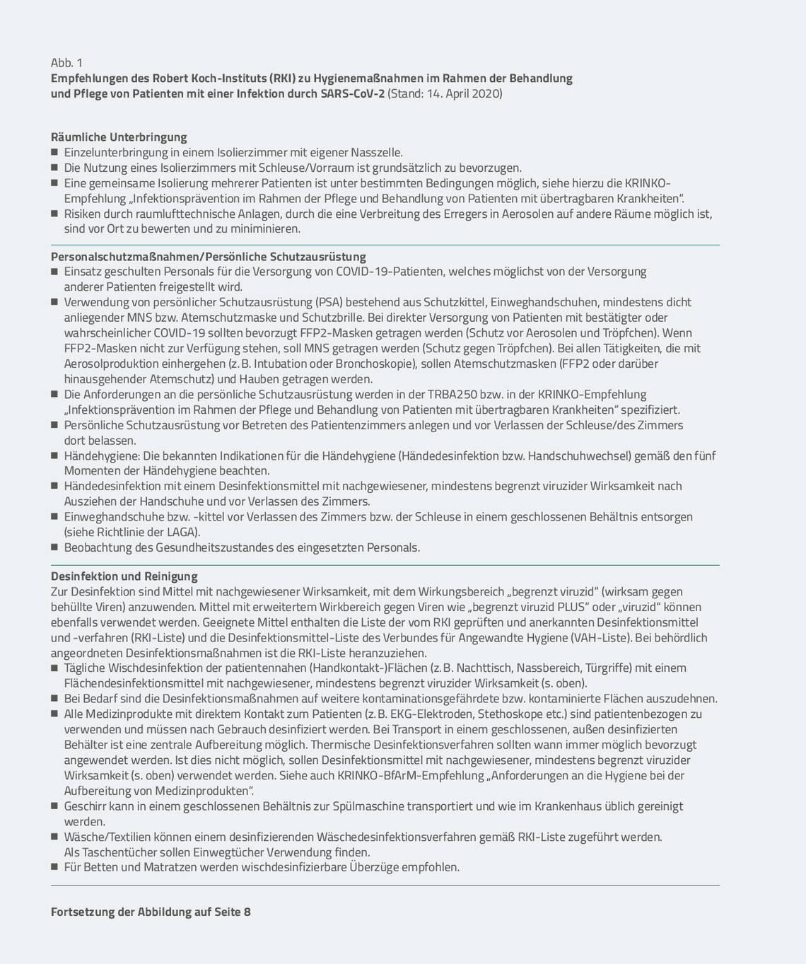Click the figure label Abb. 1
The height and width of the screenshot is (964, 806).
click(x=66, y=63)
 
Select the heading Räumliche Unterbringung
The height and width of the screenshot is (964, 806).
click(x=119, y=137)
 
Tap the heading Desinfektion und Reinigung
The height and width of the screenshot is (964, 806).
click(x=124, y=576)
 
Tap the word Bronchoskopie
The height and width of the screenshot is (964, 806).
click(x=373, y=364)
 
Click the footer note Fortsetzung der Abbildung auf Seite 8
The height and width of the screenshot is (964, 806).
click(x=151, y=912)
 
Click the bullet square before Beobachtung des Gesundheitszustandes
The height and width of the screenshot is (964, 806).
click(x=54, y=547)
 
